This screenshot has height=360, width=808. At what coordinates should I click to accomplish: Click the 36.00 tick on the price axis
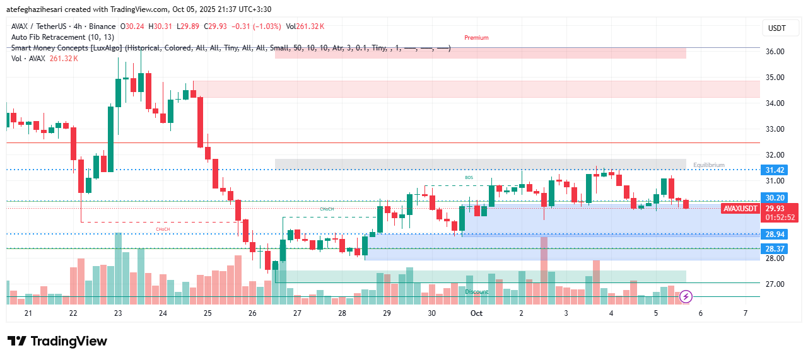coord(775,52)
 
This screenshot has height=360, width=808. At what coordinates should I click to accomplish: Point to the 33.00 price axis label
coord(775,129)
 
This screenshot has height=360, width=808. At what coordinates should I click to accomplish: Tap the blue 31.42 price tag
coord(775,170)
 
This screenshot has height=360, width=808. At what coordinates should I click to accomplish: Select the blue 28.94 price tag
coord(775,235)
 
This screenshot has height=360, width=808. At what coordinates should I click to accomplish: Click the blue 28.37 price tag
coord(775,249)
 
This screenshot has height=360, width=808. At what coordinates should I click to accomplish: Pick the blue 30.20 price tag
coord(775,198)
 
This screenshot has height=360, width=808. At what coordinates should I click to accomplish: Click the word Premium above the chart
coord(476,38)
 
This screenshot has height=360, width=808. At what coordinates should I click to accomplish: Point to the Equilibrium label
coord(708,165)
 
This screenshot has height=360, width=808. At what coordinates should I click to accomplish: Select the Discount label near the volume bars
coord(477,292)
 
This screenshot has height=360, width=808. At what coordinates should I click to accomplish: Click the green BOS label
coord(469,178)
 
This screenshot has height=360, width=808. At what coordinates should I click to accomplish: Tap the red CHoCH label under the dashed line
coord(162,229)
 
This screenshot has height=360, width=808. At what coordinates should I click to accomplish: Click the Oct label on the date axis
coord(476,313)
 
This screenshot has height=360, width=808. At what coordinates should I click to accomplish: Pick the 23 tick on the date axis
coord(118,313)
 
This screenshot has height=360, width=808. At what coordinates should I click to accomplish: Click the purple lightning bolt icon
coord(686,296)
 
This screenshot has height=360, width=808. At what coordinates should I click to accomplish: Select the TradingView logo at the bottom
coord(57,341)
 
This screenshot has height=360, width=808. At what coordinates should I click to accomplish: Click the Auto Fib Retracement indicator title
coord(62,37)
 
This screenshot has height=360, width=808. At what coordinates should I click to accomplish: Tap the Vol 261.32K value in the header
coord(305,26)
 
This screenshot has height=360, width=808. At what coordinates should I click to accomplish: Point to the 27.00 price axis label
coord(775,284)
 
